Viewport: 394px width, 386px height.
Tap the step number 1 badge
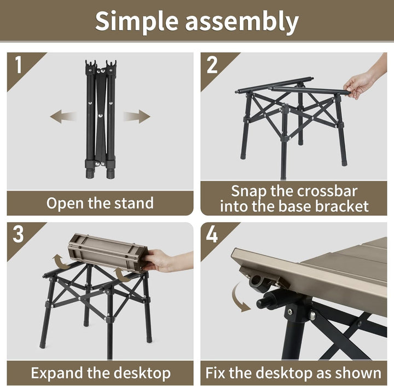point(19,65)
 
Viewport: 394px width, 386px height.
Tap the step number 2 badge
point(212,65)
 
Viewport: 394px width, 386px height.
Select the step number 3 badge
point(19,234)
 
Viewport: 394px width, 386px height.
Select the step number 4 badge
point(212,234)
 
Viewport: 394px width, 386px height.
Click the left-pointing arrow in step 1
point(63,116)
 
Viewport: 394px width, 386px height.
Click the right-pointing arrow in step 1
point(136,116)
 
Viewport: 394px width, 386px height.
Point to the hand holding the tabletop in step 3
point(164,260)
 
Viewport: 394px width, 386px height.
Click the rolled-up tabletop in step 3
point(104,252)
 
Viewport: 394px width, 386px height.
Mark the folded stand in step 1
point(100,118)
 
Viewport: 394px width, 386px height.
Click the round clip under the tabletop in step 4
point(259,283)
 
